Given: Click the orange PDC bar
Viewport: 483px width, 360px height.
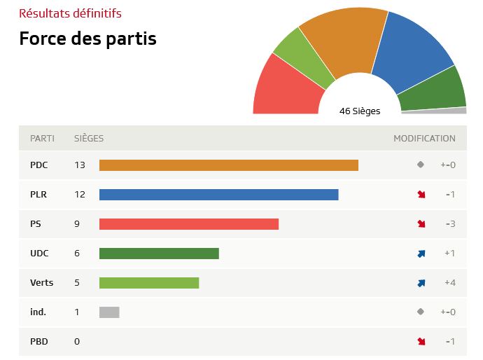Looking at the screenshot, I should click(x=228, y=165).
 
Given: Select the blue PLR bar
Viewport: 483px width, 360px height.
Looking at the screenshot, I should click(x=218, y=195).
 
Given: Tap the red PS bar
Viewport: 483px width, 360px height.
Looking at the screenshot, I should click(x=188, y=224).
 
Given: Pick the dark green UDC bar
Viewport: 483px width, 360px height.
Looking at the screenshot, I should click(x=159, y=254).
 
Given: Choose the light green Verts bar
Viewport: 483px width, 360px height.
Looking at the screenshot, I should click(x=149, y=283).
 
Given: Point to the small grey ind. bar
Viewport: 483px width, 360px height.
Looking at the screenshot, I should click(x=109, y=312).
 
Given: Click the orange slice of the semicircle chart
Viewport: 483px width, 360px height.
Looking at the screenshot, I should click(x=343, y=42).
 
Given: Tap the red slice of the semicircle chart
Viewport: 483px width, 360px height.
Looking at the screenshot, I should click(x=283, y=88).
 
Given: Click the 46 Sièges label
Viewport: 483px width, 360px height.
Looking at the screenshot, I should click(x=360, y=111).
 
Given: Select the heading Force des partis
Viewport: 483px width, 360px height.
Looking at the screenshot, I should click(x=87, y=39).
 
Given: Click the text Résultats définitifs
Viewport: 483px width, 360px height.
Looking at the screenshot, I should click(x=70, y=13).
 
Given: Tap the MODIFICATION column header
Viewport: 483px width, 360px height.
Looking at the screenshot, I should click(x=424, y=139).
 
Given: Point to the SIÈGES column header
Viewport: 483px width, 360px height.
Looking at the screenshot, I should click(x=89, y=139).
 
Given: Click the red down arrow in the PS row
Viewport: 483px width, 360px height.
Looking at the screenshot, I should click(x=421, y=224).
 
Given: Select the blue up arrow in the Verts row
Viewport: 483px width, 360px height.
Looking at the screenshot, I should click(x=421, y=283).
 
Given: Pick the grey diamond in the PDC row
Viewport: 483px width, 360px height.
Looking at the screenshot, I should click(x=421, y=165).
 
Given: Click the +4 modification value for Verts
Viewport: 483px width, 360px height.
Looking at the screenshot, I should click(x=449, y=283).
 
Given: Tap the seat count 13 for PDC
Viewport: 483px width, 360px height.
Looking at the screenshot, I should click(x=80, y=165).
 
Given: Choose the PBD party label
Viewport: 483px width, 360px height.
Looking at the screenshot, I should click(x=39, y=342).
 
